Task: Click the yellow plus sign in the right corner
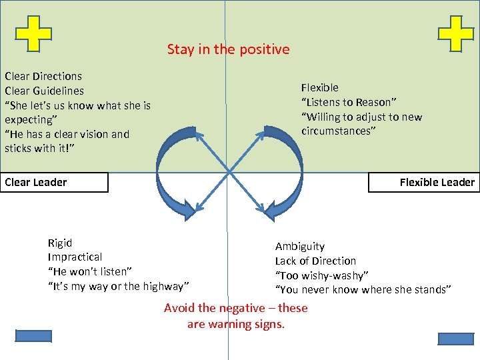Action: pos(457,33)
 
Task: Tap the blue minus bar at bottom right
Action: pos(455,339)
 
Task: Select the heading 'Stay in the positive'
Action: pos(228,49)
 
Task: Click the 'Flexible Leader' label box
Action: pos(424,182)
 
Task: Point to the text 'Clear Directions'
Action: pos(43,76)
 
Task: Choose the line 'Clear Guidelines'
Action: pos(44,91)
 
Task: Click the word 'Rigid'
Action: pos(60,243)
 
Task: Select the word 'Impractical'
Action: pos(75,257)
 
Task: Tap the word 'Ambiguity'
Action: pos(300,247)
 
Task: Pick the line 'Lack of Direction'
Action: pos(315,261)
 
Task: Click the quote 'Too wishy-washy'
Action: pos(322,275)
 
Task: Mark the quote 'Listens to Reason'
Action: pos(349,102)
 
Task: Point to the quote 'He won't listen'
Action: pos(90,271)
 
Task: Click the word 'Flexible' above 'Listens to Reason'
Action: pos(320,87)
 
